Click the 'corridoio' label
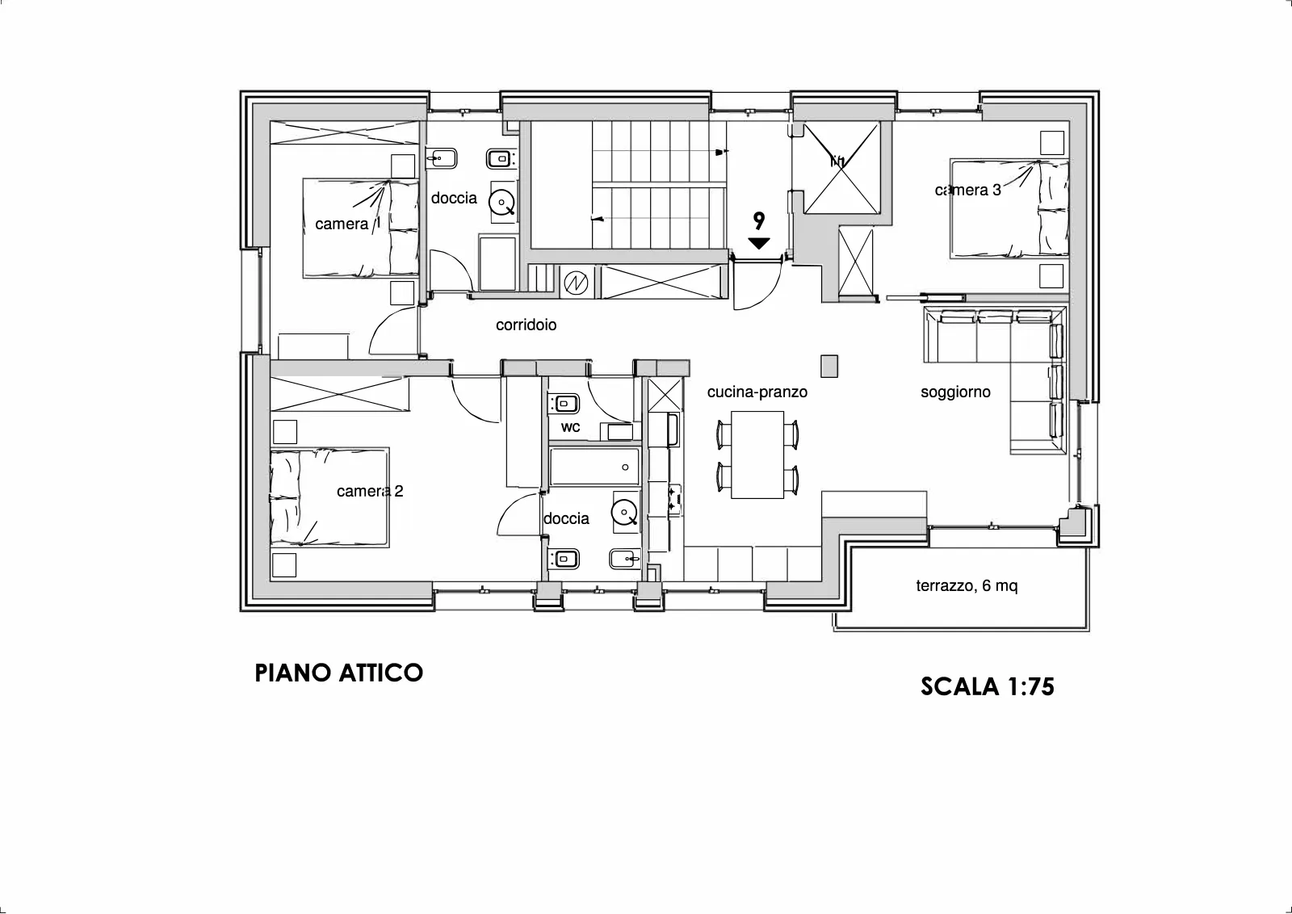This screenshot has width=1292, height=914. coord(526,325)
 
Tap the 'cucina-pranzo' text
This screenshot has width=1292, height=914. coord(757,392)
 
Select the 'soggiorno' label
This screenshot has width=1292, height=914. coord(955,392)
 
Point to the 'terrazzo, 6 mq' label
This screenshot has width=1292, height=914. coord(967,586)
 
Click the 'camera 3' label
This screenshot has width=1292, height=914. coord(968,191)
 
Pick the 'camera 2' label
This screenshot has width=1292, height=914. coord(370,491)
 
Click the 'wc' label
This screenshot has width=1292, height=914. coord(570,427)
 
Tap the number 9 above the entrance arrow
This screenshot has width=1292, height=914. coord(759,220)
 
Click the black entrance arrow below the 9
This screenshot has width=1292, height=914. coord(759,243)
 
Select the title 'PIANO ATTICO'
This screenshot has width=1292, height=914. coord(338,673)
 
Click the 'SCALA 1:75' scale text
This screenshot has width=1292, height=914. coord(987,686)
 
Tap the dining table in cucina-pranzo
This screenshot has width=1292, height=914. coord(757,455)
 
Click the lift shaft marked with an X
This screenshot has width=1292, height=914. coord(842,167)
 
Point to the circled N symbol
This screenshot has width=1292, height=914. coord(576,283)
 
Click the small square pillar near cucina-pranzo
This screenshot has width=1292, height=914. coord(828,367)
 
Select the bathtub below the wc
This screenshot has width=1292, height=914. coord(594,467)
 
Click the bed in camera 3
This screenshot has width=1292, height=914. coord(1009,209)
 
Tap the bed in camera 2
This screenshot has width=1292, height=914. coord(329,497)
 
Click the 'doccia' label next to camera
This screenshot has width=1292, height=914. coord(454,199)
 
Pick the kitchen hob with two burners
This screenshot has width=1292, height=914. coord(673,500)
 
